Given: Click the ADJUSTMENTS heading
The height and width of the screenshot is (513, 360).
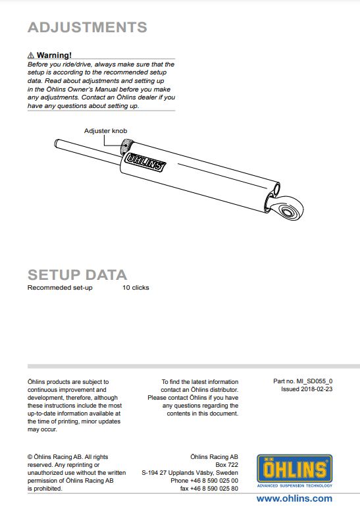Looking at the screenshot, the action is [x=88, y=27].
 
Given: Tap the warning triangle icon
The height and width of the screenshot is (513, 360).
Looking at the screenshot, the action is [x=31, y=55].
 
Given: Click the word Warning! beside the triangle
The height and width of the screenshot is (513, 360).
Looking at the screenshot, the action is [x=54, y=55].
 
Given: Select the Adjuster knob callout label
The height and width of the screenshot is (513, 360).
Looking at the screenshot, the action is [x=105, y=131].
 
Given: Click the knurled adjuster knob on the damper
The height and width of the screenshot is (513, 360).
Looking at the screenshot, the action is [x=126, y=147].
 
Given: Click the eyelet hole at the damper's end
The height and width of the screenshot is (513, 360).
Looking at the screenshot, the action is [x=288, y=211].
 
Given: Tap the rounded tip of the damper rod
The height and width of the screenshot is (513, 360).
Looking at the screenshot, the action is [x=57, y=144].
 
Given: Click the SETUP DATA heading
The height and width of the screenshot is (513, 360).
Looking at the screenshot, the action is [x=77, y=275].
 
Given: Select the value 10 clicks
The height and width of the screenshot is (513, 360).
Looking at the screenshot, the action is [x=136, y=288].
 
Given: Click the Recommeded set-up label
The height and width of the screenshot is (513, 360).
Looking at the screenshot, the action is [x=60, y=288].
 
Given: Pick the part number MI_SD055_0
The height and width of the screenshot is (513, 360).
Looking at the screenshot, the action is [x=314, y=381].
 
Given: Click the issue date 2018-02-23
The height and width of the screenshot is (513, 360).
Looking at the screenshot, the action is [x=317, y=389].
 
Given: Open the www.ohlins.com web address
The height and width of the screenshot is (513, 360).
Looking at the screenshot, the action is [x=294, y=499].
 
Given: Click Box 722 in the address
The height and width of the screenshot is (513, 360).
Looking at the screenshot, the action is [x=226, y=465].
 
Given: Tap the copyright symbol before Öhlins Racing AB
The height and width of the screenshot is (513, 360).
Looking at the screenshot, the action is [x=30, y=457].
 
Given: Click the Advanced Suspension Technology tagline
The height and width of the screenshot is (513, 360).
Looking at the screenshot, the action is [x=295, y=486].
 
